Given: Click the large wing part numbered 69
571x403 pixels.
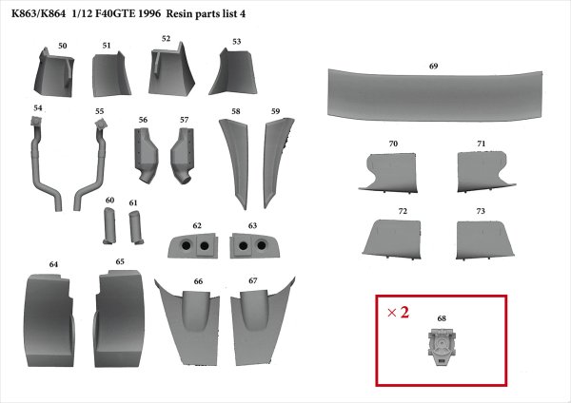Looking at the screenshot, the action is [x=435, y=95].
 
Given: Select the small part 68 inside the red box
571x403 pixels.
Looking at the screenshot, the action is [x=442, y=346].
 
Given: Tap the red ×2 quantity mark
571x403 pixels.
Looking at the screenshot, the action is [x=398, y=312].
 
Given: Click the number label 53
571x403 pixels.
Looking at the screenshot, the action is [x=237, y=42].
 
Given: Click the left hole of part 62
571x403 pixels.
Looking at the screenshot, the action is [x=187, y=246].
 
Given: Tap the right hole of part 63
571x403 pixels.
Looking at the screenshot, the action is [x=261, y=245].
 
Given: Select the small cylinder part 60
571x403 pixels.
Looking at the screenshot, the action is [x=110, y=225].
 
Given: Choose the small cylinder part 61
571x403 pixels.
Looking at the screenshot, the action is [x=136, y=227].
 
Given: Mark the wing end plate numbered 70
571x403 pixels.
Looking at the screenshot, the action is [x=389, y=173].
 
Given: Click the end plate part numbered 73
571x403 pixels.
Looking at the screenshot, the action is [x=484, y=240].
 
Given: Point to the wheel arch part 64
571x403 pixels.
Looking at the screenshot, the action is [x=49, y=320].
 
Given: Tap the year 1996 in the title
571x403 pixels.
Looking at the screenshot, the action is [x=150, y=14].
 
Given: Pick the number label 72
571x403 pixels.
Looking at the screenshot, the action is [x=403, y=211].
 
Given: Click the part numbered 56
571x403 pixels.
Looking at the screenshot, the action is [x=145, y=155].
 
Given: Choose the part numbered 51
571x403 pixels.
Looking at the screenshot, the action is [x=111, y=75].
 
